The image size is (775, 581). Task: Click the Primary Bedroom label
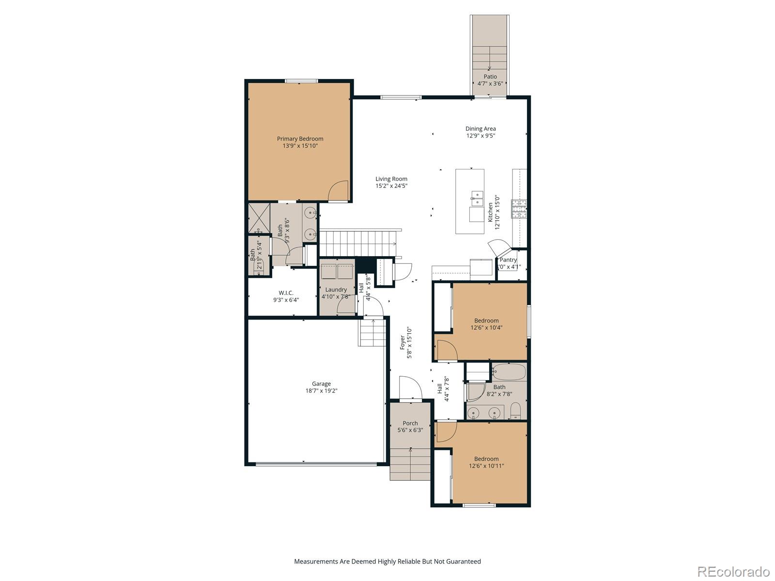300,138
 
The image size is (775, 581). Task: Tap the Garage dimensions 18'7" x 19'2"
321,391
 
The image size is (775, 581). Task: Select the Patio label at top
490,76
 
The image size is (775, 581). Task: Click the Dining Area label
480,129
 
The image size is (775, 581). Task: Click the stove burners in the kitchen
519,209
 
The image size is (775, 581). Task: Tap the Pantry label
509,260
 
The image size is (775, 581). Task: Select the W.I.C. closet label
286,293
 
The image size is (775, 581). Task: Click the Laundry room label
336,290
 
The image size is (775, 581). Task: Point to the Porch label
410,423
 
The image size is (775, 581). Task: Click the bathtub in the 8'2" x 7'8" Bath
509,372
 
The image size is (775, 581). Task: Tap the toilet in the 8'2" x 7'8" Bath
515,412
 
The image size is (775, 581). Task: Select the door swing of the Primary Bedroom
338,191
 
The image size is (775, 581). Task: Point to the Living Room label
391,179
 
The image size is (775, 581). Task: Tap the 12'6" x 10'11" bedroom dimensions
486,466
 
